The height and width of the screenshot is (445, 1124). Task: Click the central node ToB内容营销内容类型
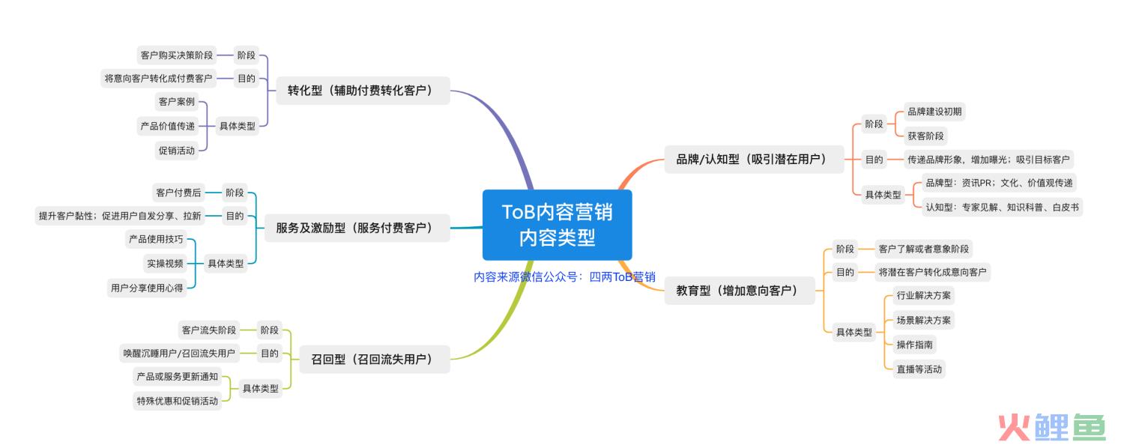pos(557,225)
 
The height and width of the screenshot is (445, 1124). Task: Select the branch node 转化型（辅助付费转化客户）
pos(363,91)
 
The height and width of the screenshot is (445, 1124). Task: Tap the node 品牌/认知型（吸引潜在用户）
pos(754,159)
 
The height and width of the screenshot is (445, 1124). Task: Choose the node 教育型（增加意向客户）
pos(739,291)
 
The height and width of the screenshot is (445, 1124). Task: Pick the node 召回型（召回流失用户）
pos(375,359)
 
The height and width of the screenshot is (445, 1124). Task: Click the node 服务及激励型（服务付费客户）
pos(357,228)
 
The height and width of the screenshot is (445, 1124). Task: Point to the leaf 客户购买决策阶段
pos(177,55)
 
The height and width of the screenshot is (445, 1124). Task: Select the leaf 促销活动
pos(177,151)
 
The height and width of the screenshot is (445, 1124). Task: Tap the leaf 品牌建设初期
pos(934,112)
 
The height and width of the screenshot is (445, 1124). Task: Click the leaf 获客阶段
pos(925,136)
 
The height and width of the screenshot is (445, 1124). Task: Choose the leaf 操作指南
pos(914,345)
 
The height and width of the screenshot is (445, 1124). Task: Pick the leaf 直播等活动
pos(919,369)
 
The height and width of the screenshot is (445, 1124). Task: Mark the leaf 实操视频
pos(165,264)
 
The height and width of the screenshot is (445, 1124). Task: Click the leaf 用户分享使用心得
pos(147,288)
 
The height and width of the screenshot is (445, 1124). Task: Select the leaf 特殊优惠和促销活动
pos(178,401)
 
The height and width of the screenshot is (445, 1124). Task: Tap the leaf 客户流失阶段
pos(209,330)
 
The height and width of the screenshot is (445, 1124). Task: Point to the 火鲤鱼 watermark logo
pos(1052,428)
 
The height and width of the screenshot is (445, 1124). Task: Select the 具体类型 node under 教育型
pos(854,332)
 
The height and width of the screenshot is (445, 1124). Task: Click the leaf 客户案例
pos(177,102)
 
